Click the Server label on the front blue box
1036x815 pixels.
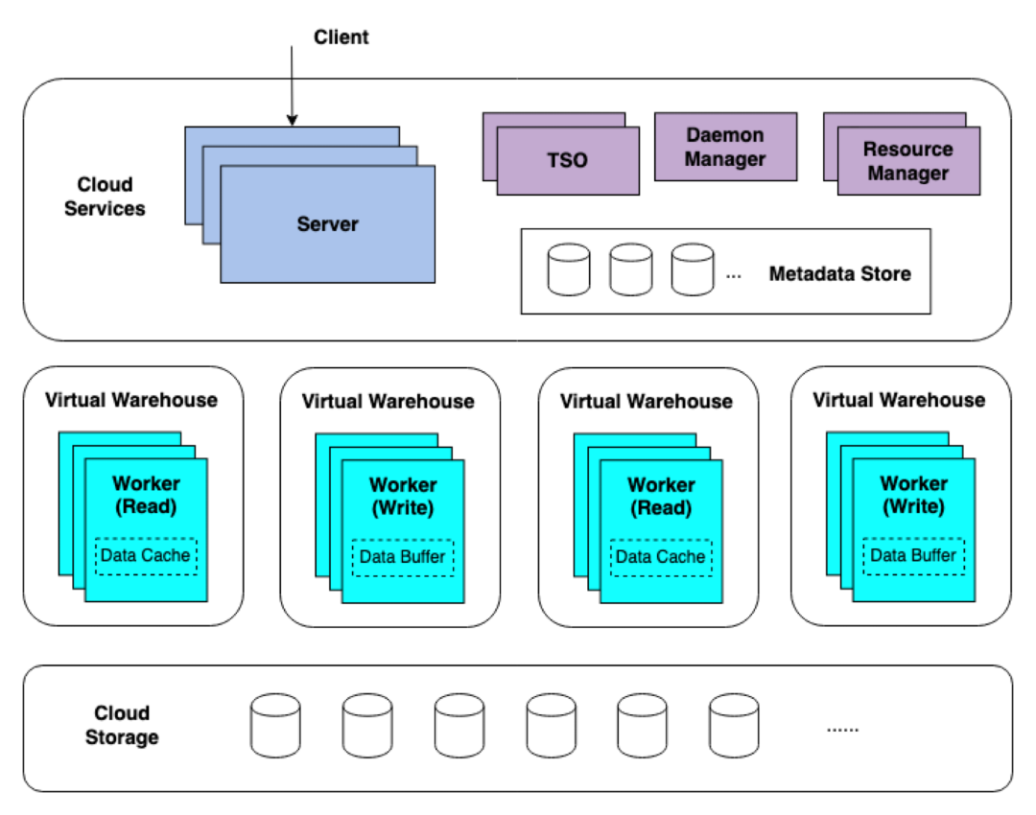[327, 224]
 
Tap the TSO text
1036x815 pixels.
[567, 160]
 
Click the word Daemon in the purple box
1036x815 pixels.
[725, 135]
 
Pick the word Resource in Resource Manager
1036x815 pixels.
[907, 150]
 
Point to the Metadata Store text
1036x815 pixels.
[839, 274]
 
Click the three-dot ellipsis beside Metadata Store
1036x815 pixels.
[734, 275]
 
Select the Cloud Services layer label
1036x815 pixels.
[105, 197]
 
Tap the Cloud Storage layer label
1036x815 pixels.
[122, 725]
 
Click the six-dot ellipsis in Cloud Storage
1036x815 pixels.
[842, 729]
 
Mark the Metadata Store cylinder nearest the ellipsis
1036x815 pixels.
[693, 269]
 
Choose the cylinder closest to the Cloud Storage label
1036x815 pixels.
[275, 726]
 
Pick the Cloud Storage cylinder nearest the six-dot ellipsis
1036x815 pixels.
[734, 726]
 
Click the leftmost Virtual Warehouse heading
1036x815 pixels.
[131, 400]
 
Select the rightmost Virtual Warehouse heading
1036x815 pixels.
[899, 400]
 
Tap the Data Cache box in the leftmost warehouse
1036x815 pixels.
[146, 556]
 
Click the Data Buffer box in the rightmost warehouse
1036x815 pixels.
[913, 556]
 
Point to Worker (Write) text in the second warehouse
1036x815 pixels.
[403, 497]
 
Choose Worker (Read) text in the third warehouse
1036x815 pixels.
[661, 497]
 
